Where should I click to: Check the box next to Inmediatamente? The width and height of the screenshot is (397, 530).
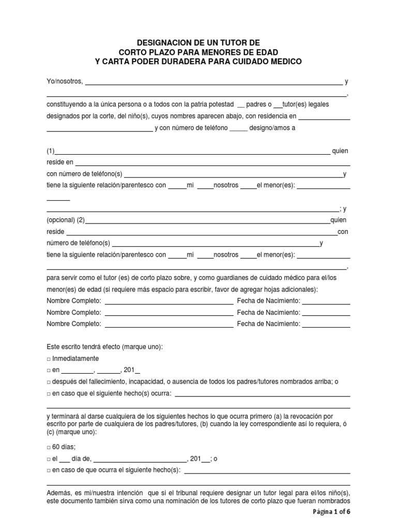(x=49, y=359)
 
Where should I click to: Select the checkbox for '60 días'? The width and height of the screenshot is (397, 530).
(x=49, y=447)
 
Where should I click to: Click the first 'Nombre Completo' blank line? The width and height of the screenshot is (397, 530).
(x=169, y=301)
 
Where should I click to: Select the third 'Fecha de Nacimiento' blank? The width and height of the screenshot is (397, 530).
(x=326, y=324)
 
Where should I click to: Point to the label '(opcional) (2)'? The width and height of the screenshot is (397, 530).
(x=66, y=220)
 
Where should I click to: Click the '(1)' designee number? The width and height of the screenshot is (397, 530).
(x=51, y=151)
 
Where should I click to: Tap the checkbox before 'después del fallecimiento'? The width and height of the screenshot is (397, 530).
(x=49, y=382)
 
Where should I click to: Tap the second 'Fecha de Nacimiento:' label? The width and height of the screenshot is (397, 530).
(x=268, y=313)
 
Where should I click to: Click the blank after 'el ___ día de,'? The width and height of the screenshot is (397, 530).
(x=140, y=459)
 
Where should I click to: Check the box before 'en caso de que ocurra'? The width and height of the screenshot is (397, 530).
(x=49, y=470)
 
